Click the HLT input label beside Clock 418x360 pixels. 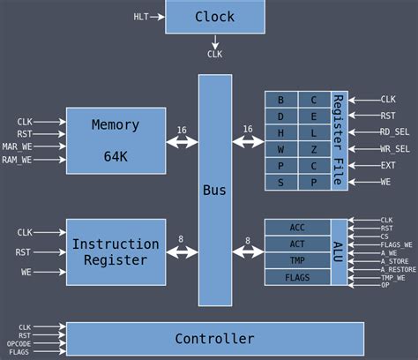pyautogui.click(x=141, y=17)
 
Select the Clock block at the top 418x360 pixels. pyautogui.click(x=214, y=17)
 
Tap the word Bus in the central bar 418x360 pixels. pyautogui.click(x=214, y=190)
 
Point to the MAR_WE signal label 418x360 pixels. pyautogui.click(x=30, y=146)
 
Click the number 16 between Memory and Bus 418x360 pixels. pyautogui.click(x=182, y=129)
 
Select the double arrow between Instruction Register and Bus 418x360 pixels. pyautogui.click(x=182, y=252)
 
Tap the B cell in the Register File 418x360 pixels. pyautogui.click(x=281, y=100)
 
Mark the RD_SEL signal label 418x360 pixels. pyautogui.click(x=394, y=132)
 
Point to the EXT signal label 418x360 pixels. pyautogui.click(x=388, y=165)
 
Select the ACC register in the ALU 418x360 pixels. pyautogui.click(x=297, y=228)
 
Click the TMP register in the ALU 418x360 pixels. pyautogui.click(x=297, y=260)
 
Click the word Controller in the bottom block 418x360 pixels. pyautogui.click(x=214, y=339)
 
